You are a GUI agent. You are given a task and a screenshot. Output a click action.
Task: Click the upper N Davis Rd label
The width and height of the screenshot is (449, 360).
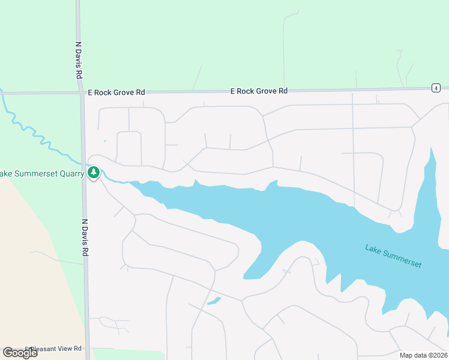[78, 61]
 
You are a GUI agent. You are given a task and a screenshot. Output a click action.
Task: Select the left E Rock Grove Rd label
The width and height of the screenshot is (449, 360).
[116, 92]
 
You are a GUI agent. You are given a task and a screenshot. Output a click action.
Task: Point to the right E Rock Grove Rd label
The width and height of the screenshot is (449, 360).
[259, 91]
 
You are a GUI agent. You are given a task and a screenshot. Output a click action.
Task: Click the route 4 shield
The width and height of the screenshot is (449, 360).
[435, 88]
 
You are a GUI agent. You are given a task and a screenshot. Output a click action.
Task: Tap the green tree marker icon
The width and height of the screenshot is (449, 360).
[93, 173]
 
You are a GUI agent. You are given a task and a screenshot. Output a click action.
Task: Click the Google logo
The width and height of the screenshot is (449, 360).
[20, 353]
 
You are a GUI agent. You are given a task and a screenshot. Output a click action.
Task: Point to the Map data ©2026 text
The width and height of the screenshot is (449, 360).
[423, 355]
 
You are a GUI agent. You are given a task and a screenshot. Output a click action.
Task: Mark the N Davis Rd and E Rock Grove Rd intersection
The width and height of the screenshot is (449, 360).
[82, 92]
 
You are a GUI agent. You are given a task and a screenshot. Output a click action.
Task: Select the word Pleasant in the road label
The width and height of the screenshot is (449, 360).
[46, 348]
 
